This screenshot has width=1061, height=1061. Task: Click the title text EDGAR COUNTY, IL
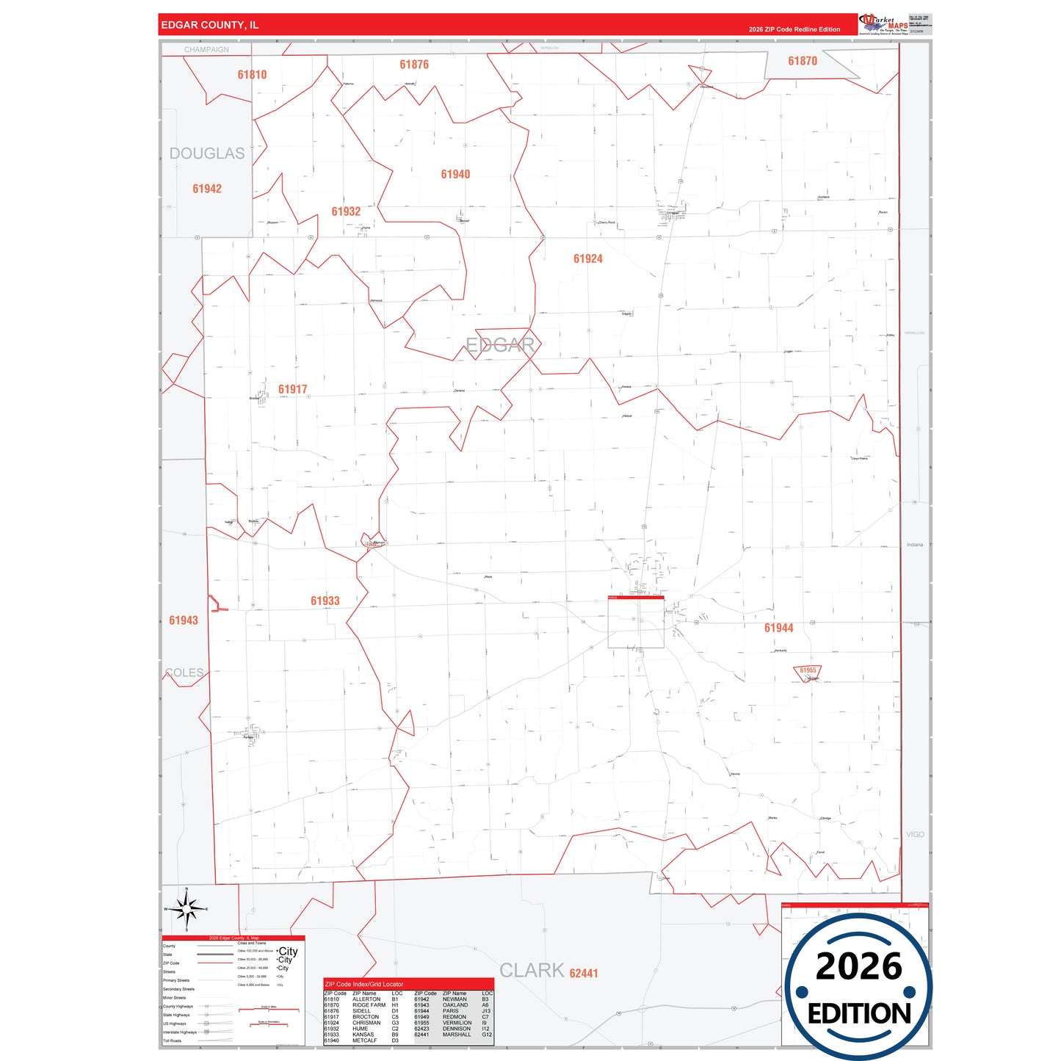coord(210,25)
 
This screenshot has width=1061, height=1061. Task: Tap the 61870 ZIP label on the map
coord(803,61)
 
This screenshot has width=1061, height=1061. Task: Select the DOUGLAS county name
coord(207,153)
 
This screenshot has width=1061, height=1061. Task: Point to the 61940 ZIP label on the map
coord(455,174)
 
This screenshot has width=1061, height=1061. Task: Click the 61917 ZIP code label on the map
coord(292,389)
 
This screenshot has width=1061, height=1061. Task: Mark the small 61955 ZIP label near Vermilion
coord(808,670)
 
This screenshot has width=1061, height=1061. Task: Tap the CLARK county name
coord(532,970)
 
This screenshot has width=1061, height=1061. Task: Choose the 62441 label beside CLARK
coord(584,974)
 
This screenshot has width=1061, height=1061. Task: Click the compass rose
coord(187,909)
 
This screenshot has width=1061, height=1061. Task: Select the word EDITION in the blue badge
coord(859,1014)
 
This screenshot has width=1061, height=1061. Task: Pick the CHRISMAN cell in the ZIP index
coord(366,1023)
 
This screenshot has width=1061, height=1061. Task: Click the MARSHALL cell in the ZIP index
coord(457,1035)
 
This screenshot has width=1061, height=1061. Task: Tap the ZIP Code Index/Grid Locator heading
coord(364,984)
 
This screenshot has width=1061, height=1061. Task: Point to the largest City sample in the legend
coord(288,951)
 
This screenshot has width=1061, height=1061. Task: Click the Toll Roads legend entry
coord(173,1040)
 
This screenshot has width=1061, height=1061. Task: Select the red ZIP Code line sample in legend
coord(215,963)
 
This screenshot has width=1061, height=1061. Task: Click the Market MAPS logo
coord(883,24)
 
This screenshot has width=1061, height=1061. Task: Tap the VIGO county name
coord(915,835)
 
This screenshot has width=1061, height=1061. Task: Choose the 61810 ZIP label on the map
coord(252,75)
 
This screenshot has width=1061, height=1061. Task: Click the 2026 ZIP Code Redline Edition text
coord(794,29)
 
